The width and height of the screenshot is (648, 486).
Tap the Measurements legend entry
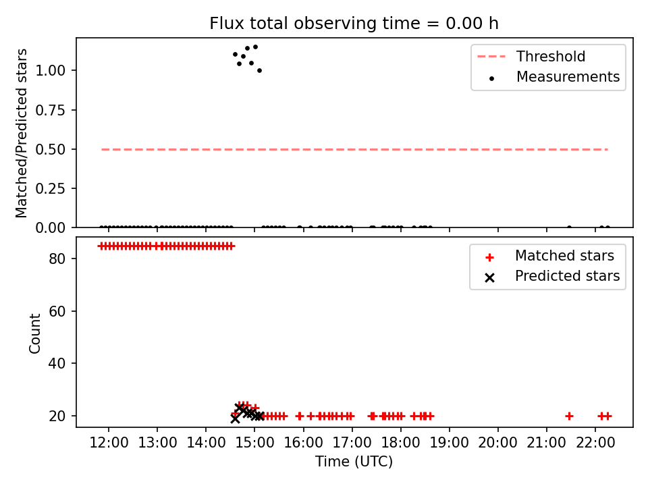pyautogui.click(x=553, y=77)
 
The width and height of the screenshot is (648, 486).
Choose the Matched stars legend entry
pyautogui.click(x=550, y=256)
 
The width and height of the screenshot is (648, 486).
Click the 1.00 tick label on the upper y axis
pyautogui.click(x=50, y=70)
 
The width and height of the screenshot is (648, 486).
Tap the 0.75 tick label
pyautogui.click(x=50, y=110)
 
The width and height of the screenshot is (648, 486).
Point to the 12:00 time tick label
pyautogui.click(x=109, y=443)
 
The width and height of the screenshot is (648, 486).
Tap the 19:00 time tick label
pyautogui.click(x=450, y=443)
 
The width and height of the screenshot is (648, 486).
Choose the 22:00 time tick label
pyautogui.click(x=595, y=443)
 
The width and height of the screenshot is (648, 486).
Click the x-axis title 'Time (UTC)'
pyautogui.click(x=354, y=461)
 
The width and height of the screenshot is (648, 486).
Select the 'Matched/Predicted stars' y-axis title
pyautogui.click(x=22, y=133)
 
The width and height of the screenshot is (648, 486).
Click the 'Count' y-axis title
pyautogui.click(x=34, y=333)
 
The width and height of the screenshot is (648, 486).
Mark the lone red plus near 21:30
pyautogui.click(x=569, y=416)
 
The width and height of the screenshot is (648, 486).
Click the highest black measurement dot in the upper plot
pyautogui.click(x=255, y=47)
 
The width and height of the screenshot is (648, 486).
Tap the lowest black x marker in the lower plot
pyautogui.click(x=235, y=418)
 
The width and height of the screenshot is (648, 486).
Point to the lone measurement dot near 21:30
pyautogui.click(x=569, y=227)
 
